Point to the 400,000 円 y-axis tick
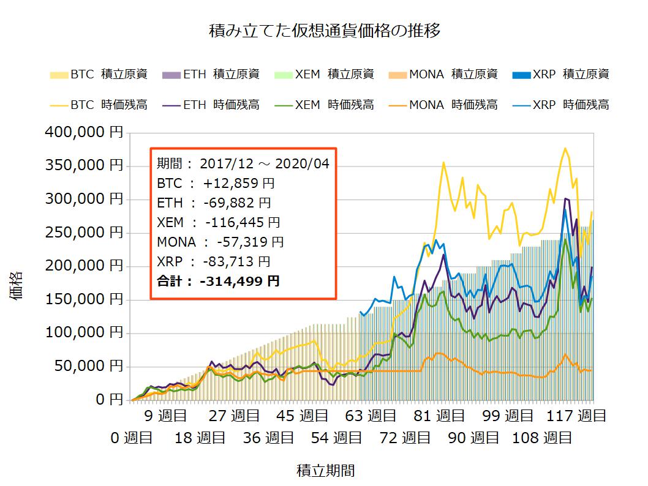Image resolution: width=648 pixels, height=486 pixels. pyautogui.click(x=85, y=132)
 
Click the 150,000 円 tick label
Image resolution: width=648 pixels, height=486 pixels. pyautogui.click(x=85, y=300)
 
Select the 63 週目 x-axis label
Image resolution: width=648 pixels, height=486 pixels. pyautogui.click(x=371, y=416)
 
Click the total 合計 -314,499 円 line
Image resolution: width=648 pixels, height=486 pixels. pyautogui.click(x=218, y=281)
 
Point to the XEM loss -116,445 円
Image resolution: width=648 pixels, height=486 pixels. pyautogui.click(x=238, y=222)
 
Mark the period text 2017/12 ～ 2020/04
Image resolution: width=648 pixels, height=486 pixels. pyautogui.click(x=265, y=163)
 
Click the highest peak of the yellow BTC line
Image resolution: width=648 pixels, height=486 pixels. pyautogui.click(x=565, y=148)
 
